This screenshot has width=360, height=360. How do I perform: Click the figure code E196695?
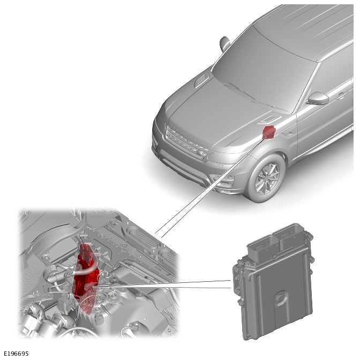(x=16, y=354)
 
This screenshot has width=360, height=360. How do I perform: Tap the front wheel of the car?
(x=267, y=178)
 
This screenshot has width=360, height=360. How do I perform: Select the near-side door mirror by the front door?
(x=318, y=98)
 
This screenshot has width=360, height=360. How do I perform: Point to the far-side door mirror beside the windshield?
(x=225, y=44)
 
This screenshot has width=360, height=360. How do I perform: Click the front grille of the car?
(x=187, y=141)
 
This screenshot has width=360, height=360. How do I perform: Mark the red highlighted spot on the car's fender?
(x=269, y=132)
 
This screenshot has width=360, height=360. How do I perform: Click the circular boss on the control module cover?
(x=280, y=298)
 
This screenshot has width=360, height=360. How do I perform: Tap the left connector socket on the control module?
(x=262, y=247)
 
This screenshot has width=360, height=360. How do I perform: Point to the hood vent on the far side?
(x=202, y=80)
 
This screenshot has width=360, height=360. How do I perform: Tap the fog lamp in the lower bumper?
(x=224, y=179)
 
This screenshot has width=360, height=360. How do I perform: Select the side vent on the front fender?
(x=288, y=132)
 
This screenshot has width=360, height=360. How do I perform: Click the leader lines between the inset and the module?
(x=162, y=284)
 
